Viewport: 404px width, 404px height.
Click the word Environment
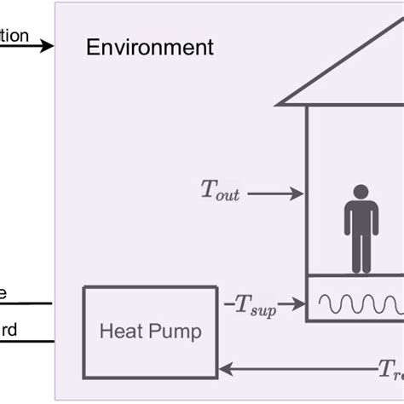(x=150, y=47)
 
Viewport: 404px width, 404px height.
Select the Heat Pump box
(x=150, y=332)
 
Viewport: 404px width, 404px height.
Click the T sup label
(x=253, y=305)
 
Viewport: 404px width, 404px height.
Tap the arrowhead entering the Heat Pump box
(x=225, y=369)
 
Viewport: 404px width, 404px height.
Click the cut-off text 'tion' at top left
(x=14, y=36)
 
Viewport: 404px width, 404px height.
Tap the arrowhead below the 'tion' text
(x=48, y=45)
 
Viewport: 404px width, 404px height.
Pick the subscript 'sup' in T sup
(x=263, y=309)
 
